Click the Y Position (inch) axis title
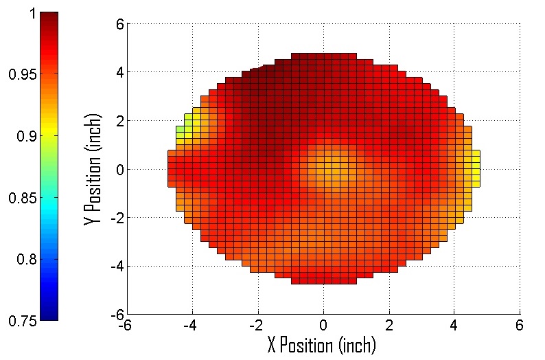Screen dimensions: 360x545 (x=92, y=169)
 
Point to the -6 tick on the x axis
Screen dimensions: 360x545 (x=125, y=324)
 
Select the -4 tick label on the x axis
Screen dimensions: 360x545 (x=191, y=324)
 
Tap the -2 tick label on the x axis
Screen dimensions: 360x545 (x=256, y=324)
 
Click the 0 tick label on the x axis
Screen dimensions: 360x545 (x=323, y=324)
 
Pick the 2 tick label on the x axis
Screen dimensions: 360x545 (x=389, y=324)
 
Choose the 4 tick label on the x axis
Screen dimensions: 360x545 (x=454, y=324)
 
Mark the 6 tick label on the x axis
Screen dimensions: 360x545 (x=520, y=324)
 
